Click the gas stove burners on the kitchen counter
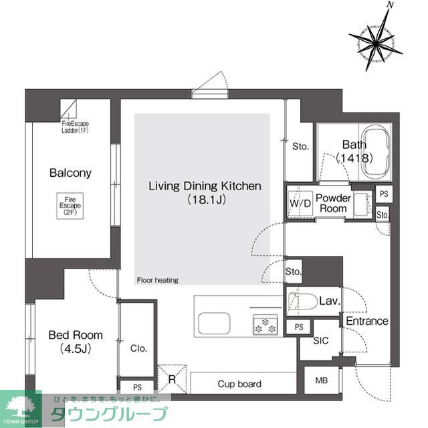pyautogui.click(x=264, y=326)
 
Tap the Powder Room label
pyautogui.click(x=333, y=203)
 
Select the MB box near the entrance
pyautogui.click(x=321, y=381)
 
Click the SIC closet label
pyautogui.click(x=322, y=340)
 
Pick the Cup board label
pyautogui.click(x=239, y=384)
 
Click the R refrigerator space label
pyautogui.click(x=172, y=380)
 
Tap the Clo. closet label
pyautogui.click(x=138, y=348)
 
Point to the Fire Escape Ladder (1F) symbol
pyautogui.click(x=70, y=109)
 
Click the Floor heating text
pyautogui.click(x=157, y=280)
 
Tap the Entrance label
pyautogui.click(x=366, y=321)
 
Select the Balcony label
pyautogui.click(x=70, y=173)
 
